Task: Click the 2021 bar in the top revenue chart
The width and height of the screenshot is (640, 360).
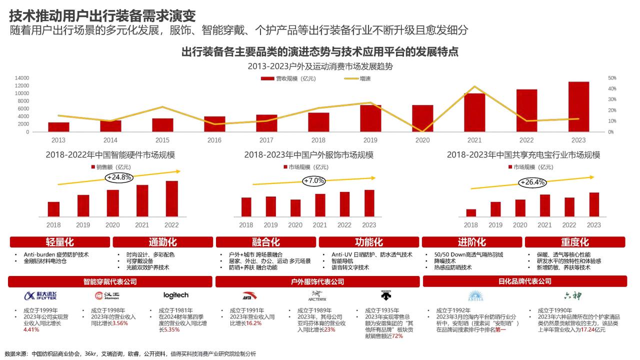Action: pyautogui.click(x=474, y=112)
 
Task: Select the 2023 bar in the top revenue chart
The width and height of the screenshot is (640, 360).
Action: pyautogui.click(x=578, y=106)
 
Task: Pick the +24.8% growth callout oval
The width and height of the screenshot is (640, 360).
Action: pyautogui.click(x=118, y=177)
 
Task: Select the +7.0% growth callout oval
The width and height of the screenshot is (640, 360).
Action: pyautogui.click(x=314, y=180)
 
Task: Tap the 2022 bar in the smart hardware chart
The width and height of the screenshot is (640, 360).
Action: pyautogui.click(x=171, y=198)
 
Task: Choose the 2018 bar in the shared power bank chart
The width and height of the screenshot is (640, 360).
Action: pyautogui.click(x=471, y=212)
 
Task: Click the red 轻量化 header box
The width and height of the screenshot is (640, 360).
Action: pyautogui.click(x=60, y=242)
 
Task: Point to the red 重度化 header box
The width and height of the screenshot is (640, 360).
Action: pyautogui.click(x=574, y=242)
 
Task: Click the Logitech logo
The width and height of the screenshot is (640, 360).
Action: pyautogui.click(x=176, y=295)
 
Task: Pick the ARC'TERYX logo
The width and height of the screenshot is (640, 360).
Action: pyautogui.click(x=317, y=296)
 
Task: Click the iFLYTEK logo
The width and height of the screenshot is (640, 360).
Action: pyautogui.click(x=40, y=295)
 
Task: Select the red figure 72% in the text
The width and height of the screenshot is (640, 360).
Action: pyautogui.click(x=397, y=336)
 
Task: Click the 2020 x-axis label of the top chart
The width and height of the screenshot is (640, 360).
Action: pyautogui.click(x=422, y=140)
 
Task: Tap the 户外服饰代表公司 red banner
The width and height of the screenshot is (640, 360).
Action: pyautogui.click(x=317, y=282)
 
